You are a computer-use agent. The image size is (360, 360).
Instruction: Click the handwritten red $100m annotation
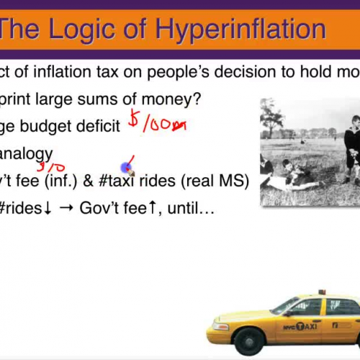pyautogui.click(x=156, y=123)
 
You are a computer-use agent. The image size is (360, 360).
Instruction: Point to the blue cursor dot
pyautogui.click(x=126, y=168)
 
